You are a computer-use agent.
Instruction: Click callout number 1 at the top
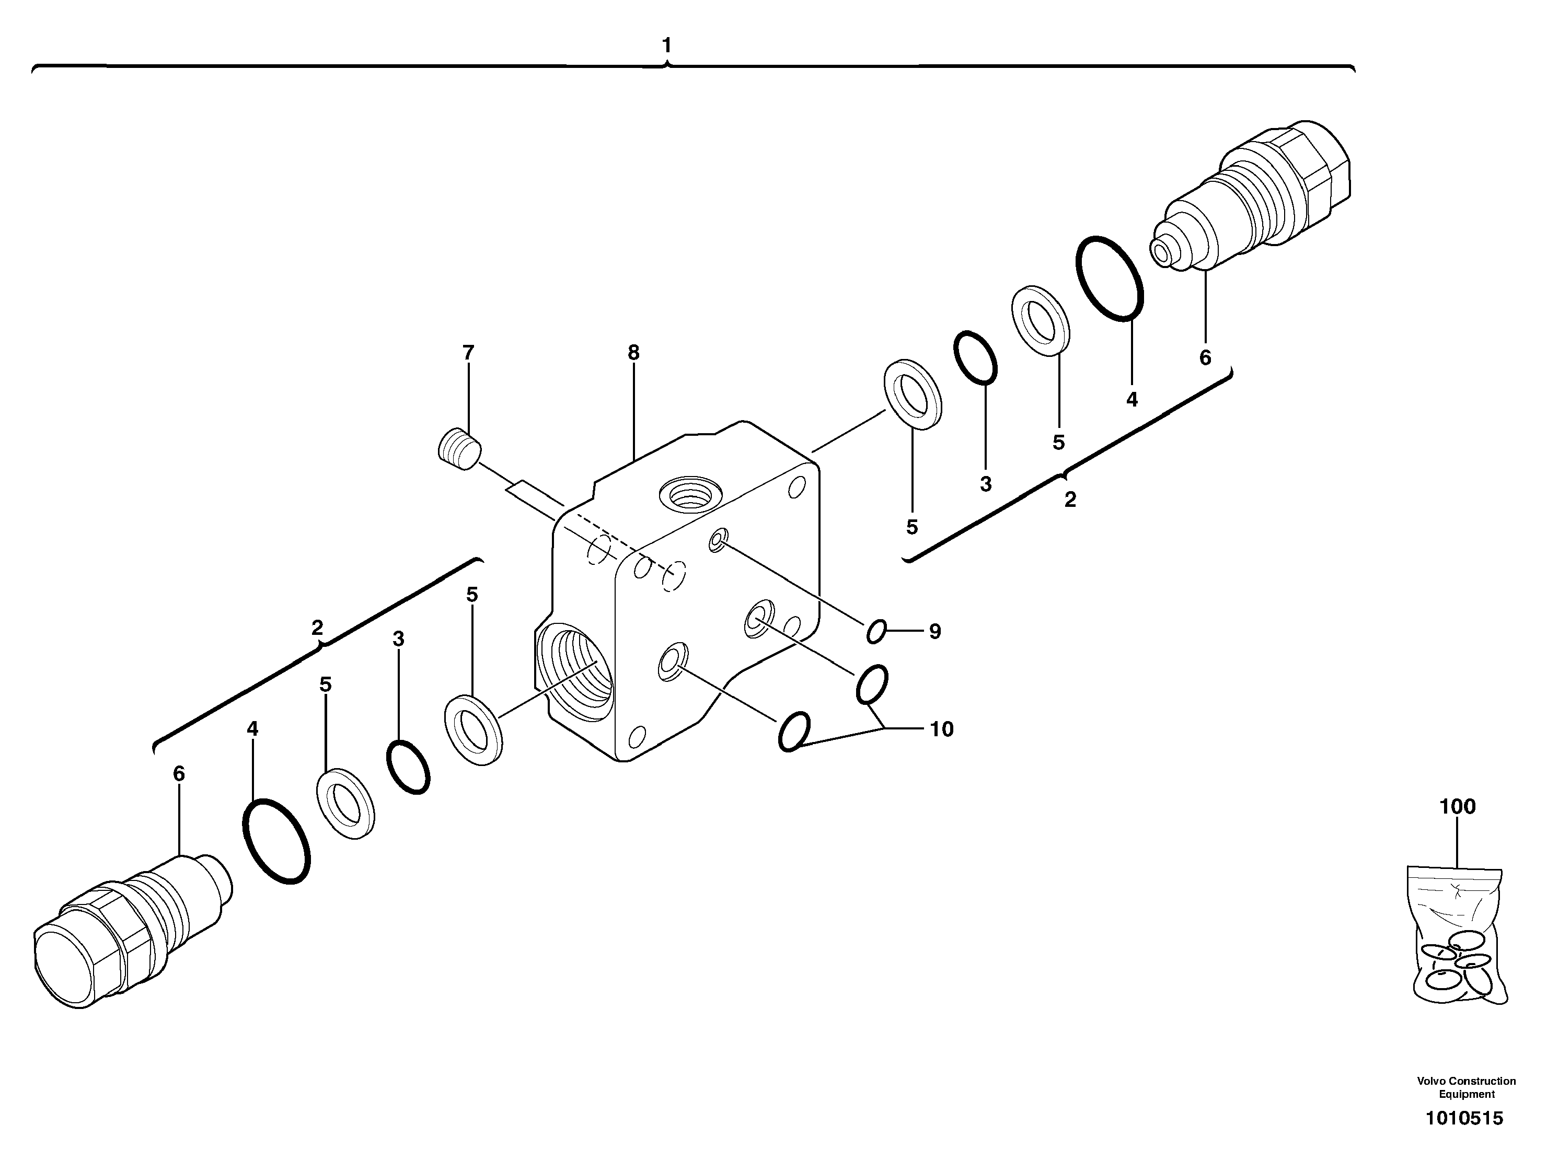(666, 45)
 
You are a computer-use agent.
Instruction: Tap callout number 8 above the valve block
(633, 353)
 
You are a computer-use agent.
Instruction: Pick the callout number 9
(935, 632)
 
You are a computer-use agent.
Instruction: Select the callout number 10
(941, 729)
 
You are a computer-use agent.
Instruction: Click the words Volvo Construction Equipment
(1466, 1087)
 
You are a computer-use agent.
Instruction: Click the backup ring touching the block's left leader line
(474, 730)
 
